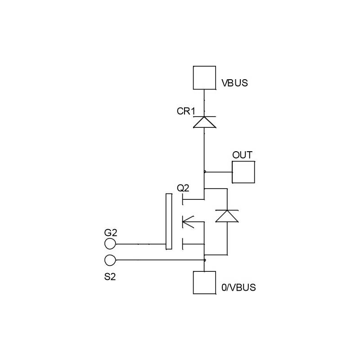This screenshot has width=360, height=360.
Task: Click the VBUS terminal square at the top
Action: [204, 77]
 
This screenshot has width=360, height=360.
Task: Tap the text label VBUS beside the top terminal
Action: [234, 83]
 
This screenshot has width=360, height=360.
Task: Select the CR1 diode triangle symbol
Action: [204, 122]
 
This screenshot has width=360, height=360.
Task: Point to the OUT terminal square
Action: [243, 172]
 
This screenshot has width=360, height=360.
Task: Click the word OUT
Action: [242, 155]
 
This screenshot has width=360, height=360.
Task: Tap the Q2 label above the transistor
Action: [184, 187]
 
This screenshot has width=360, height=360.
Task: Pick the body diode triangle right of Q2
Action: [227, 216]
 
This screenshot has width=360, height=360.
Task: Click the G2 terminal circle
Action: [110, 244]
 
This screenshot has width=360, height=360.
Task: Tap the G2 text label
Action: [110, 233]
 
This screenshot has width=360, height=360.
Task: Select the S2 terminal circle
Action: [110, 260]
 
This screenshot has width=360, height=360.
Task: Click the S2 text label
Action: [110, 276]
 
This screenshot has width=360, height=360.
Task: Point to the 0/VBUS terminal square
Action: [204, 282]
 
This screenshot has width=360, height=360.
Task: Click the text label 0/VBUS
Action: [239, 288]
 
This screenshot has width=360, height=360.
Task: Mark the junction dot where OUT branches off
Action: [205, 171]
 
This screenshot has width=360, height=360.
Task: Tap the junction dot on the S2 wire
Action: [205, 260]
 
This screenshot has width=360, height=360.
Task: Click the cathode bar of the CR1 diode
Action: [204, 116]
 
